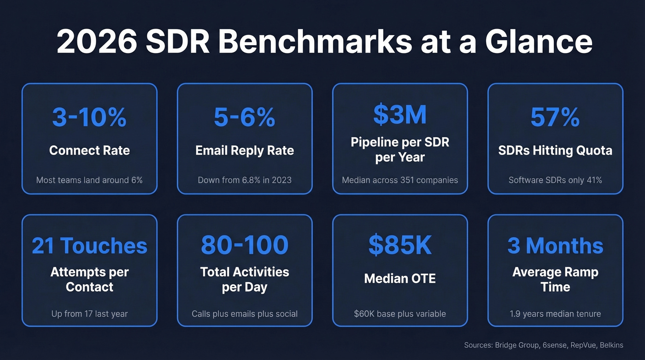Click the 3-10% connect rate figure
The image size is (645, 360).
pos(89,117)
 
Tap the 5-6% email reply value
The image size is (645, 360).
pos(245,117)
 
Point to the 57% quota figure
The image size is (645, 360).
pos(555,117)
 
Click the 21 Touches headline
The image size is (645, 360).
pos(89,246)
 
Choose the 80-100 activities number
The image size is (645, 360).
pos(245,246)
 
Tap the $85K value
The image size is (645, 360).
pos(400,246)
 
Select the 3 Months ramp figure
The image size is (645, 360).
pos(555,246)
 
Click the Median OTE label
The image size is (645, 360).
pos(400,278)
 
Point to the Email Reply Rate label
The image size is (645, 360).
pos(245,150)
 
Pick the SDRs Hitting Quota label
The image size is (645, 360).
pos(555,150)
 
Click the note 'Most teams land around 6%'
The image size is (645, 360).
pos(89,180)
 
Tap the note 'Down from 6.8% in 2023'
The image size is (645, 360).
pos(245,180)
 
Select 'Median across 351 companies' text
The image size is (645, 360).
pos(400,180)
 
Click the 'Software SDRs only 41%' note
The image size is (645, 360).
pos(555,180)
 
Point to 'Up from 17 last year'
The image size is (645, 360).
pos(89,314)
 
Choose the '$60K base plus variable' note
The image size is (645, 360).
pos(400,314)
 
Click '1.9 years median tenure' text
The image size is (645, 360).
pos(555,314)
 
